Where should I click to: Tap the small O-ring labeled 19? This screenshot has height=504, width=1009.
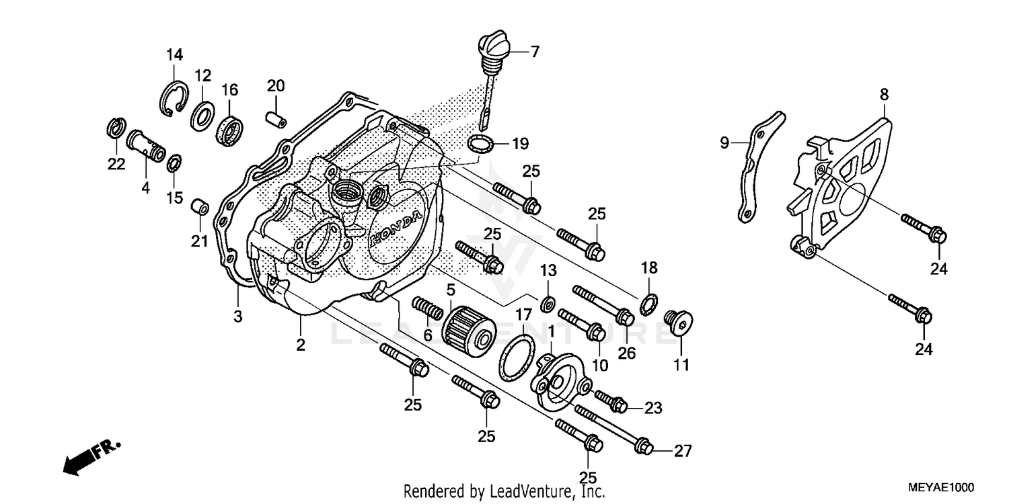coord(480,143)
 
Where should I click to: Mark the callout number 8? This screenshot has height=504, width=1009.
coord(883,95)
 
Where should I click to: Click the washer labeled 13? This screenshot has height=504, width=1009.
coord(548,302)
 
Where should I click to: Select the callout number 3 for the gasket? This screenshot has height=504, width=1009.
coord(238,316)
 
